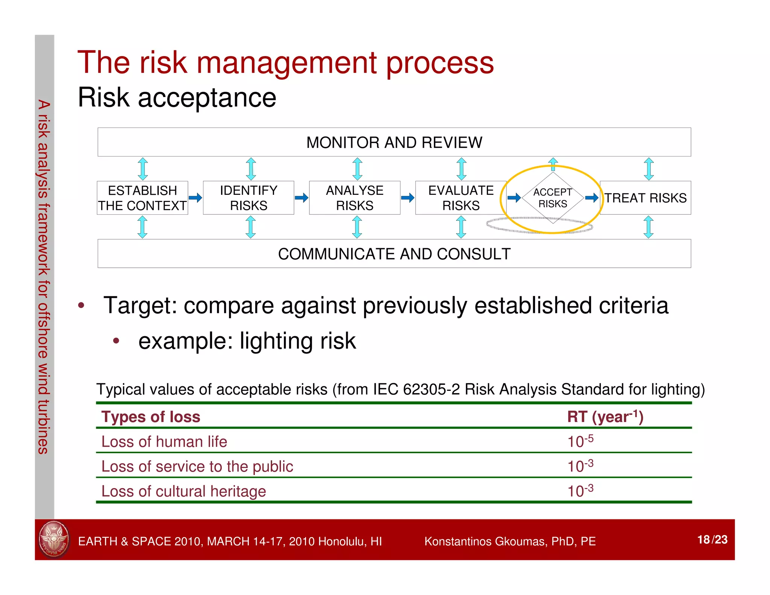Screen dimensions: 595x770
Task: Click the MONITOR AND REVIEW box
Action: tap(394, 142)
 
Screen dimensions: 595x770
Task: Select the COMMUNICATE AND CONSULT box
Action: tap(394, 254)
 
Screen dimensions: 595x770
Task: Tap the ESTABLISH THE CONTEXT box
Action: tap(142, 198)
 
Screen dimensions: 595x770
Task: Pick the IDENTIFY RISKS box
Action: tap(249, 198)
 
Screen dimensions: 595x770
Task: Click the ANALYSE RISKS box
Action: tap(355, 198)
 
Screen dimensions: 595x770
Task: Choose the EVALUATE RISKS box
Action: tap(461, 198)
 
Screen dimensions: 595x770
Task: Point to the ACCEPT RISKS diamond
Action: tap(553, 198)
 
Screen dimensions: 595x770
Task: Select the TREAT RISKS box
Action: tap(645, 198)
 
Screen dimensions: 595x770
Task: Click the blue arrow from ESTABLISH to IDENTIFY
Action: tap(195, 198)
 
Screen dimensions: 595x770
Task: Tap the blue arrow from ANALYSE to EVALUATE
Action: tap(408, 198)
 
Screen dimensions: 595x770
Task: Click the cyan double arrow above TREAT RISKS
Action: tap(649, 169)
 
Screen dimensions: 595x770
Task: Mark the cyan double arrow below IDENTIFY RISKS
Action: tap(250, 227)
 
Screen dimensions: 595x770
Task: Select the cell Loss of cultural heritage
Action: tap(183, 491)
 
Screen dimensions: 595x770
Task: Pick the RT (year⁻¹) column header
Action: tap(605, 417)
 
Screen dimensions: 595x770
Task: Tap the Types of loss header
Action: tap(151, 417)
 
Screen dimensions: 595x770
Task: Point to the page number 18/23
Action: tap(712, 539)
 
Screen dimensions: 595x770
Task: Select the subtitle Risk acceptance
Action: tap(177, 97)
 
